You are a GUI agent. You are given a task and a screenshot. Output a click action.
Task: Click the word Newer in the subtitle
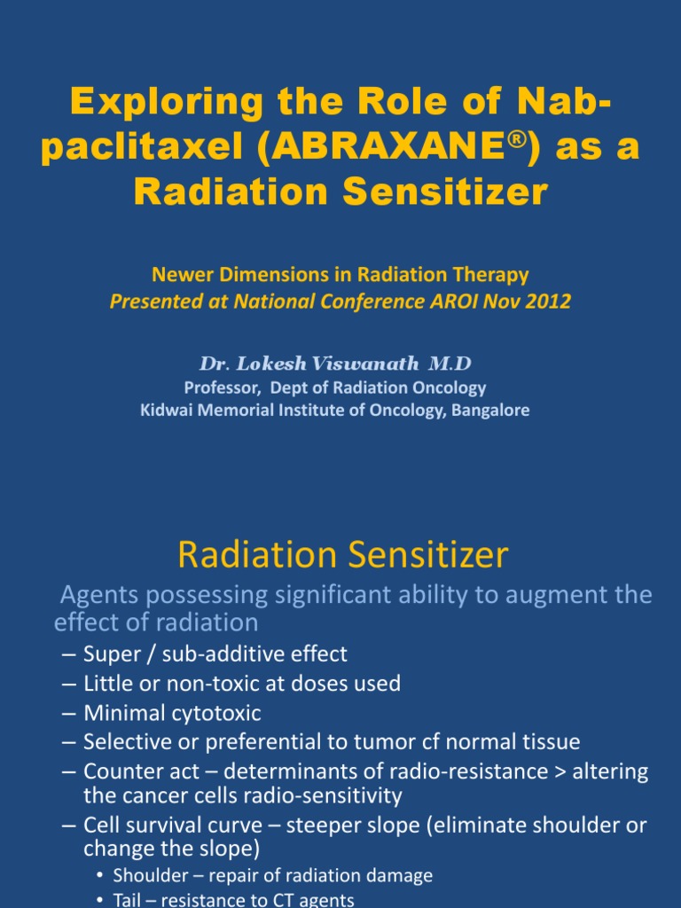pos(176,275)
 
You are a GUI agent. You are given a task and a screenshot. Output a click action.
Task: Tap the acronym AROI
pos(464,301)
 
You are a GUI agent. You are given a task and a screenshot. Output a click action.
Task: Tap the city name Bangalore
pos(489,411)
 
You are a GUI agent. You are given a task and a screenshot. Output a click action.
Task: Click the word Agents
pos(96,594)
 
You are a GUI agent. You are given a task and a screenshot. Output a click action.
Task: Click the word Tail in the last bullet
pos(129,900)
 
